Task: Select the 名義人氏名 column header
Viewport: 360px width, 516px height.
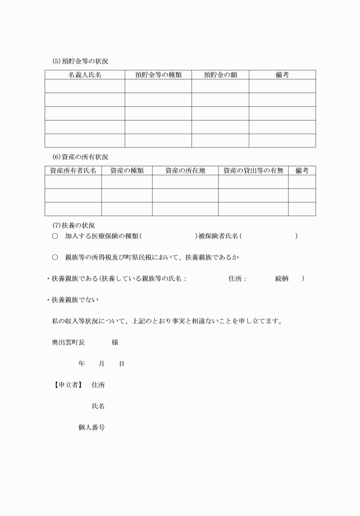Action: click(x=85, y=75)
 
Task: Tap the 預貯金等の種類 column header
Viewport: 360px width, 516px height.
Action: click(x=158, y=75)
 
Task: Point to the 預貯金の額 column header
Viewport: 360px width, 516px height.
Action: click(x=220, y=75)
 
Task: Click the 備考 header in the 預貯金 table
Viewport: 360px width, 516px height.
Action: click(x=282, y=75)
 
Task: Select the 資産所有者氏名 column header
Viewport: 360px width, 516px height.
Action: click(x=73, y=170)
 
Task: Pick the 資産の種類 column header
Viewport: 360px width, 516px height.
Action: click(x=127, y=170)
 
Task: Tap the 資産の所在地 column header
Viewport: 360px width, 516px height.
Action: click(x=185, y=170)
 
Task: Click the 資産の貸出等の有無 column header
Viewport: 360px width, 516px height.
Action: click(x=253, y=170)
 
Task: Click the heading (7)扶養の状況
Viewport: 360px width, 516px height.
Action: click(x=74, y=225)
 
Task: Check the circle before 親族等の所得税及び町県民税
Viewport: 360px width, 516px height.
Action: click(x=55, y=257)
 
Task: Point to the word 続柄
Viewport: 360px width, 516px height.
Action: click(x=282, y=279)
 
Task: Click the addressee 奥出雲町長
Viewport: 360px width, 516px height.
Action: click(x=68, y=342)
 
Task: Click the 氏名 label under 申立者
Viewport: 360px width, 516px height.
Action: click(x=98, y=406)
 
